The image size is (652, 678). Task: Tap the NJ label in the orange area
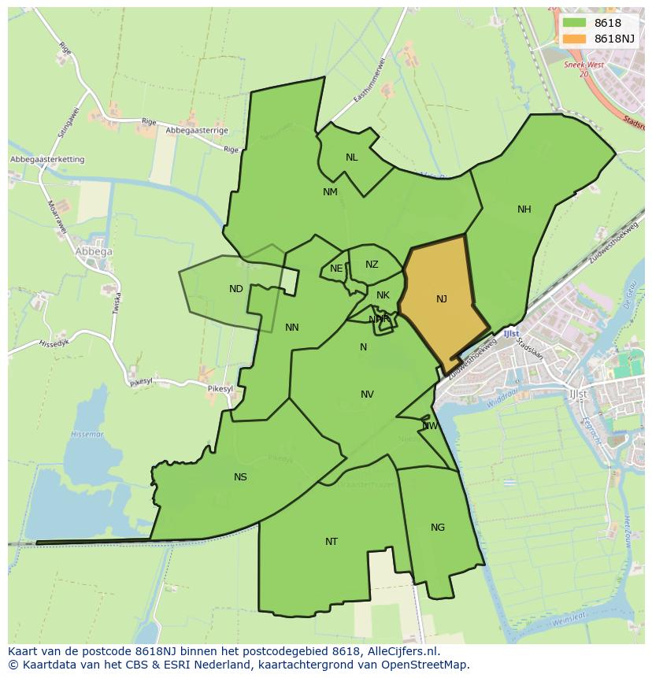(x=441, y=299)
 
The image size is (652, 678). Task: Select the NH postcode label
(x=524, y=209)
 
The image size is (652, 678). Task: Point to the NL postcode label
(x=351, y=157)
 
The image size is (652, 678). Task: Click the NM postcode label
(x=330, y=192)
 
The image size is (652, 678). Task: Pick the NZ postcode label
(x=372, y=265)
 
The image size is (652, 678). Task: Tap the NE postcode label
(x=336, y=269)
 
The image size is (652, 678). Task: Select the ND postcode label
(x=235, y=289)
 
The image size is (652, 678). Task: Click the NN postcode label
(x=291, y=328)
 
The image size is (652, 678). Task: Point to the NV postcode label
(x=367, y=395)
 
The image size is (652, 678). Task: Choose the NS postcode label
(x=240, y=477)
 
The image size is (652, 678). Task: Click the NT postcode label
(x=332, y=542)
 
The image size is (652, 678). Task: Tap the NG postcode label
(x=438, y=528)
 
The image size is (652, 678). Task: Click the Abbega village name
(x=94, y=252)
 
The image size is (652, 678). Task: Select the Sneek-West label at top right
(x=583, y=65)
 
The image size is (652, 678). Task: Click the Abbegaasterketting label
(x=47, y=160)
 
